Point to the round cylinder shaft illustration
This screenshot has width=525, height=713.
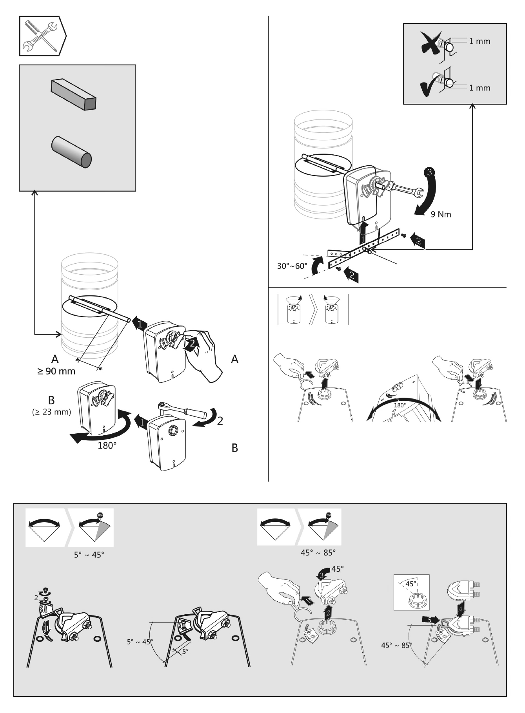click(71, 152)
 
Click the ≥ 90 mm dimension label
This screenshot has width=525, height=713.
click(56, 371)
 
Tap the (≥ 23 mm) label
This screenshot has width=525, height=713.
click(51, 412)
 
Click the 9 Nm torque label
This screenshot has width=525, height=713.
click(441, 214)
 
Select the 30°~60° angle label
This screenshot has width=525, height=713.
click(292, 266)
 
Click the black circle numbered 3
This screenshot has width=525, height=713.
click(429, 172)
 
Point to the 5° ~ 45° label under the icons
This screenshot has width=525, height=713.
click(89, 555)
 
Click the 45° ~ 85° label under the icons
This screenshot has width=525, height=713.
click(318, 552)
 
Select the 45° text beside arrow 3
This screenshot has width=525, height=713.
click(338, 568)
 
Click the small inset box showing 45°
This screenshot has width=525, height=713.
click(411, 592)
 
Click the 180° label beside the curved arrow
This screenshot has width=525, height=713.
click(107, 445)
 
